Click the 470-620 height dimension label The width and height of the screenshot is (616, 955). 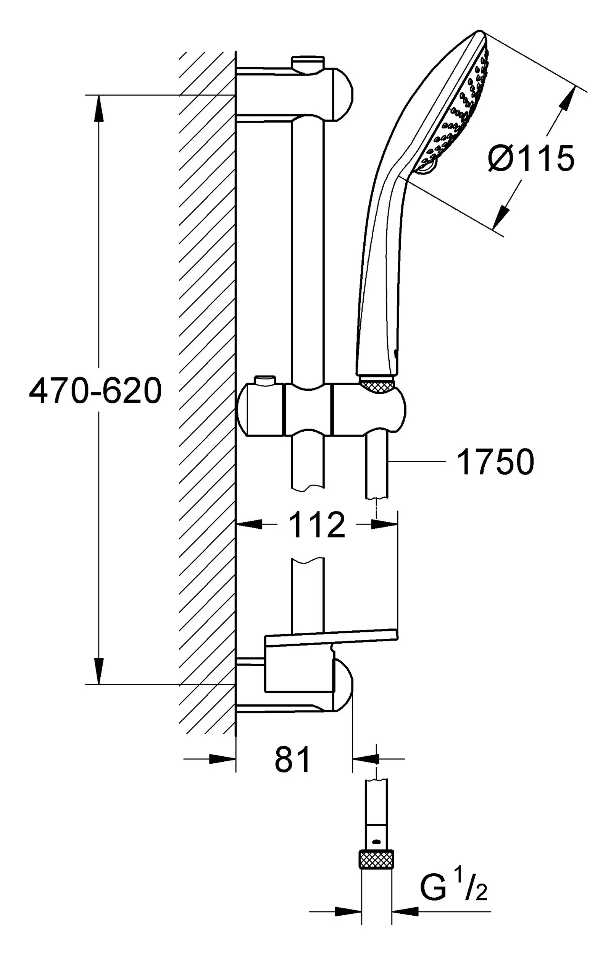(x=95, y=391)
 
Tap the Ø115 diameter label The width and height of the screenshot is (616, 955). (x=531, y=159)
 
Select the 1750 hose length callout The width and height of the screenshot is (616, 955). (x=495, y=462)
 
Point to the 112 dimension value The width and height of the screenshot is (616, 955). (x=316, y=525)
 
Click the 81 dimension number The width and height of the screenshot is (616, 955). (x=293, y=759)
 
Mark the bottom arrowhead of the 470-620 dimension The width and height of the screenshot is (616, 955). (x=99, y=671)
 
